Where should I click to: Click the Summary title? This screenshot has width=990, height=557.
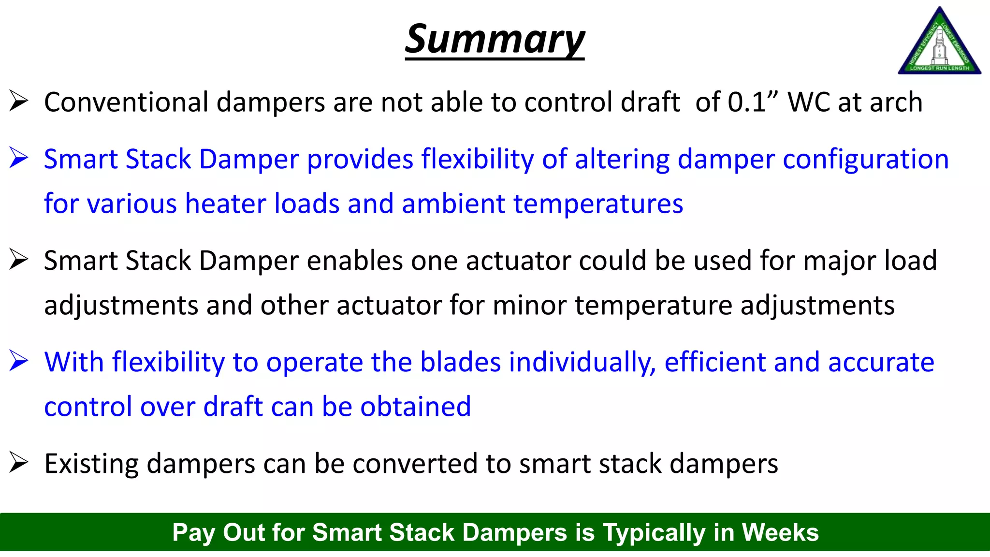click(495, 40)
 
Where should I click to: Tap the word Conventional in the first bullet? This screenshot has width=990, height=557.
click(126, 103)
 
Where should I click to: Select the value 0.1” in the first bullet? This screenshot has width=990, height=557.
click(753, 103)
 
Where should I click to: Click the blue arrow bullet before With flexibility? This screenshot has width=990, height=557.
click(19, 362)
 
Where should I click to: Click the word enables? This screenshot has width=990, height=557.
click(355, 261)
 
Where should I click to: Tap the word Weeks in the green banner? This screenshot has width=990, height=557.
click(780, 532)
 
